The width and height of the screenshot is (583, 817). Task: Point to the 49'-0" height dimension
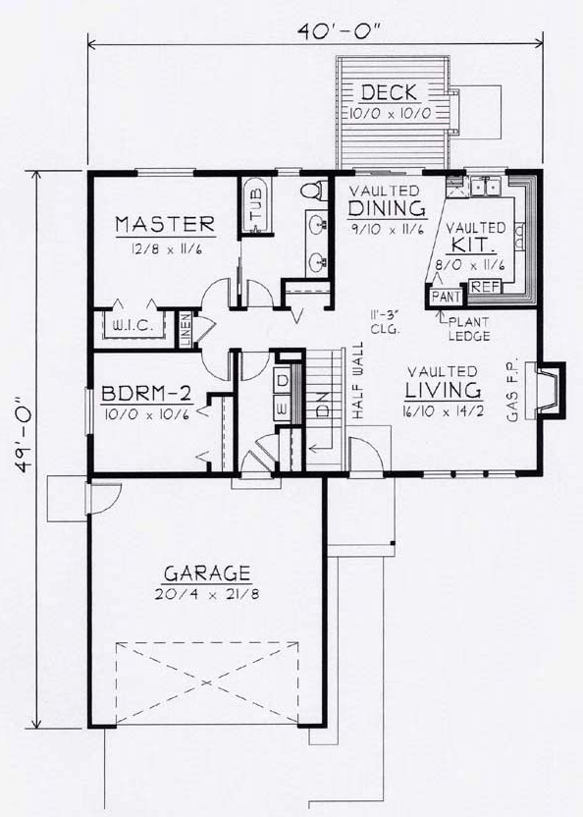21,448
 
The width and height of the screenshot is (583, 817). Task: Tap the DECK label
390,93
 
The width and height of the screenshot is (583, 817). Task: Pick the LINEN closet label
185,330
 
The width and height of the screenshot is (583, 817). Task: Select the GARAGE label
207,572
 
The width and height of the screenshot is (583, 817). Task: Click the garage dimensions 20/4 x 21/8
207,595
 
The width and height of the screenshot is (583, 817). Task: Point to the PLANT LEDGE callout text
466,327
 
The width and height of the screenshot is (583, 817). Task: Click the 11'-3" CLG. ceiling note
384,321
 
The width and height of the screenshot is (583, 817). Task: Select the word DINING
387,208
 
